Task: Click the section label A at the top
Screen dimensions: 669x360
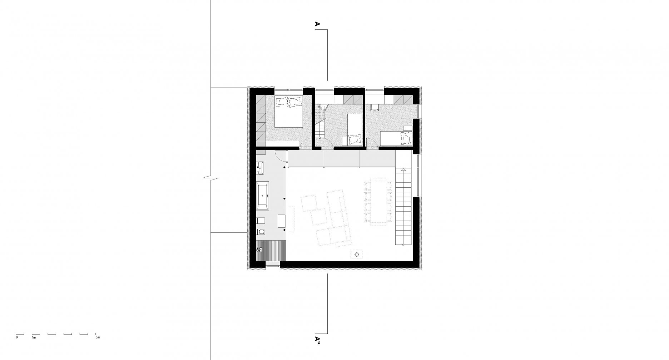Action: (317, 24)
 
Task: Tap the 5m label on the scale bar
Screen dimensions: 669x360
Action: (98, 337)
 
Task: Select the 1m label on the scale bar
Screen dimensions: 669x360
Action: (33, 337)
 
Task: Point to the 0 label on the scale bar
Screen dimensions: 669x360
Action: (17, 337)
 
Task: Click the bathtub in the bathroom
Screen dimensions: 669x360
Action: (263, 196)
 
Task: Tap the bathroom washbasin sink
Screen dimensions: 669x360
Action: (260, 168)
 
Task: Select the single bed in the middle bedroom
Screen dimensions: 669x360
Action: (355, 130)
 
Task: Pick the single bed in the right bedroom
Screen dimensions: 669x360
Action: (396, 139)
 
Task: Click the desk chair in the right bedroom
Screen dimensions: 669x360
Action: (374, 107)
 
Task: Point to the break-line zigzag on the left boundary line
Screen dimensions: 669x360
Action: (211, 177)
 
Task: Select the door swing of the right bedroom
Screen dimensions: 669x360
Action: (371, 143)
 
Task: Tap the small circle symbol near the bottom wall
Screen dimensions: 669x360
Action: (356, 254)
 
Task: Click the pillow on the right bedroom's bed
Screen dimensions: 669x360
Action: (405, 138)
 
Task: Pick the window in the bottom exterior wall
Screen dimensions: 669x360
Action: (273, 264)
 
